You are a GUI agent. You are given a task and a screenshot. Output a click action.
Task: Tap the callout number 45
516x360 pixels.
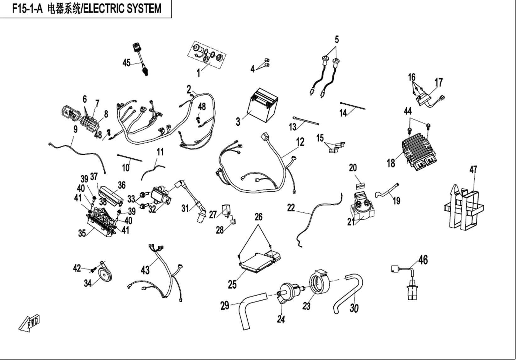pyautogui.click(x=126, y=63)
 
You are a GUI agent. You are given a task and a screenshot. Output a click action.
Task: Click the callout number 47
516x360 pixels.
pyautogui.click(x=473, y=170)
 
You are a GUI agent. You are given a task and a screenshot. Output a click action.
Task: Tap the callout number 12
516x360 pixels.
pyautogui.click(x=300, y=142)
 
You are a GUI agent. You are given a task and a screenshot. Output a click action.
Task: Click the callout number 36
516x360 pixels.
pyautogui.click(x=121, y=185)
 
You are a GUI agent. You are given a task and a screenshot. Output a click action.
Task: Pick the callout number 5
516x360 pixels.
pyautogui.click(x=337, y=40)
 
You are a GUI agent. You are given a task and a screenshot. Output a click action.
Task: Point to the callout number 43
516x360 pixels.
pyautogui.click(x=145, y=270)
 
